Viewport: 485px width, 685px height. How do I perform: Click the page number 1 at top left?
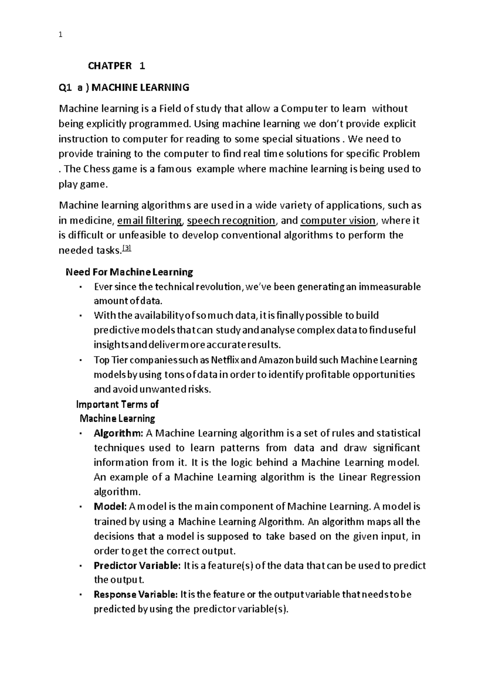60,35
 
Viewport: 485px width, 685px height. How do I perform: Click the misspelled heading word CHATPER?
110,66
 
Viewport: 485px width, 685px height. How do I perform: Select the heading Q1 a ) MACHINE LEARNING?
124,87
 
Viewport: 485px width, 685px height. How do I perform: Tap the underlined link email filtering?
149,221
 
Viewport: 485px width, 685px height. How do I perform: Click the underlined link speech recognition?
231,221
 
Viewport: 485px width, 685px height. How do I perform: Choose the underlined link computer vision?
338,221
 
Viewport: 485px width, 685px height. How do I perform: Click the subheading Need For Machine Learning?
129,272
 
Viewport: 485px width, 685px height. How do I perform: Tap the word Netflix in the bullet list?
226,360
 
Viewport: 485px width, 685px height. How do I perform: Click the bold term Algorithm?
118,433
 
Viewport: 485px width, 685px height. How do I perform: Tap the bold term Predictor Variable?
137,565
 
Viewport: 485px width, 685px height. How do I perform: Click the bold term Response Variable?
135,595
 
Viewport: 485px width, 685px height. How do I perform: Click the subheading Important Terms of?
117,404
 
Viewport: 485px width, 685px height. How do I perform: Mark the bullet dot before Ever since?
81,287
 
